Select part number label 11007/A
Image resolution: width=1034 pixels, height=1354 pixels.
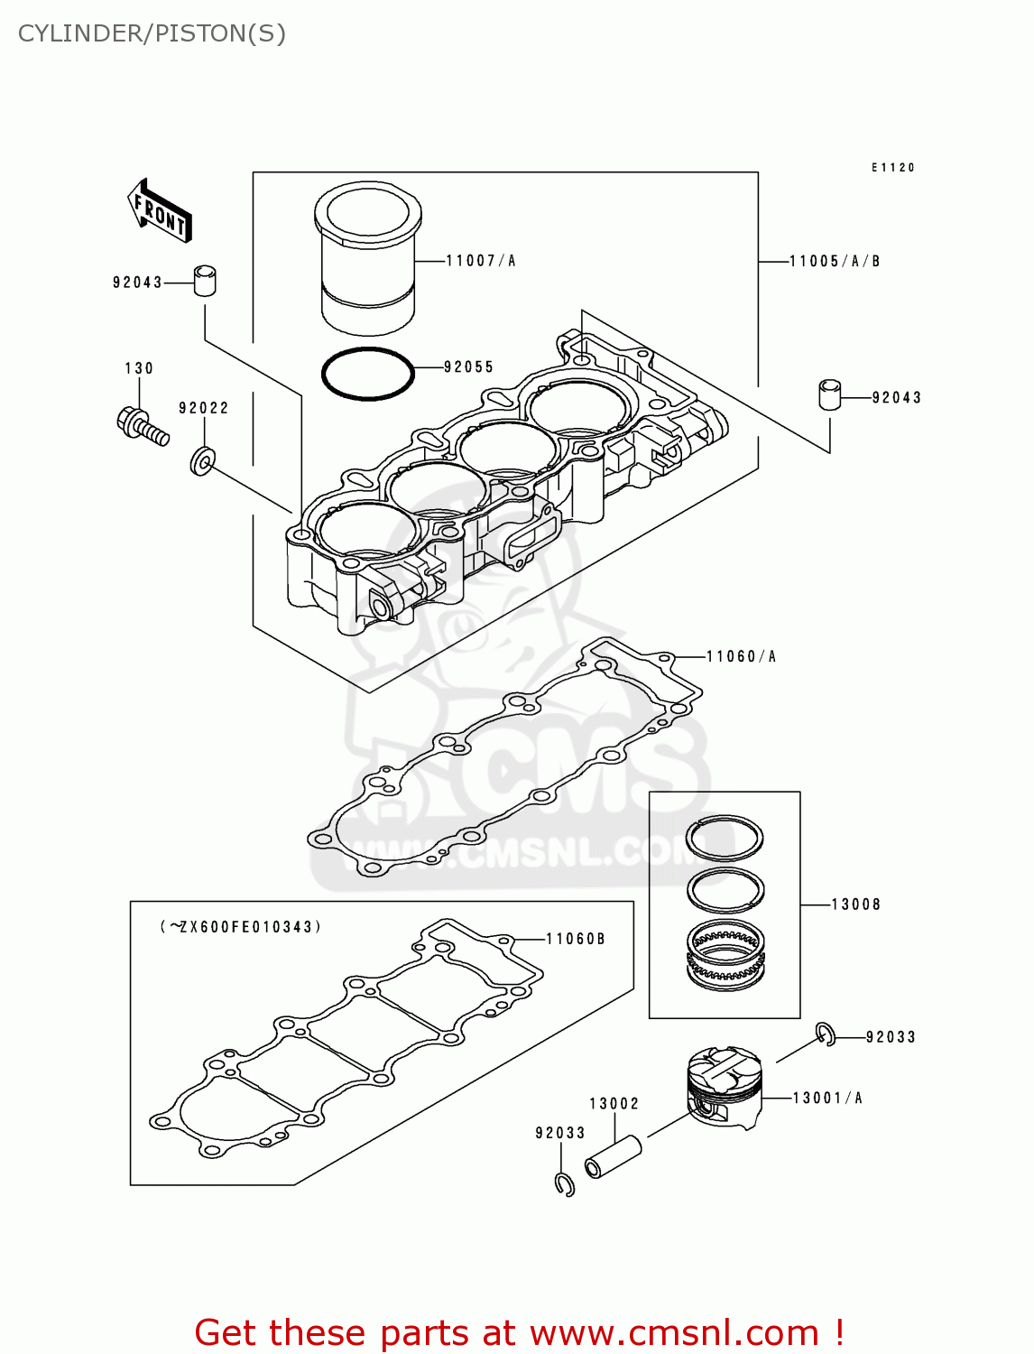click(481, 261)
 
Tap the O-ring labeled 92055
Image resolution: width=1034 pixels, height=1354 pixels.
click(368, 373)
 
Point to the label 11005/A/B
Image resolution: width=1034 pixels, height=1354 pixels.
click(835, 261)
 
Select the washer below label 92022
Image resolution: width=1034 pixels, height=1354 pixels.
click(202, 460)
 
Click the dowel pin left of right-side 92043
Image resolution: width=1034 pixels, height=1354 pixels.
click(830, 395)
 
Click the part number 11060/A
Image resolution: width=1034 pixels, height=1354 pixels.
click(741, 656)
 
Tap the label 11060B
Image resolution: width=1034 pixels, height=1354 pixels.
click(576, 939)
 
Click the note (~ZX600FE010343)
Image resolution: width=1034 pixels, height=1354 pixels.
click(241, 927)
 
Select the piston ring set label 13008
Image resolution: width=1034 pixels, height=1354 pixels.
click(855, 904)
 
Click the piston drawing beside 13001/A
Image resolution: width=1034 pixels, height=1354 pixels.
click(725, 1088)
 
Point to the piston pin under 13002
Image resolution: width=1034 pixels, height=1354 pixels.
click(614, 1157)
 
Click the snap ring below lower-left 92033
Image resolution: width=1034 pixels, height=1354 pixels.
click(565, 1184)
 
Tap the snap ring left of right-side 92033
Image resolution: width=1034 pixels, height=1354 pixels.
click(826, 1034)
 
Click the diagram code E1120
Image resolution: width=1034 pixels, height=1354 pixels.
click(893, 167)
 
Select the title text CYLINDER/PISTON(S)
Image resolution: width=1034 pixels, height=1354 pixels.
click(152, 33)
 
